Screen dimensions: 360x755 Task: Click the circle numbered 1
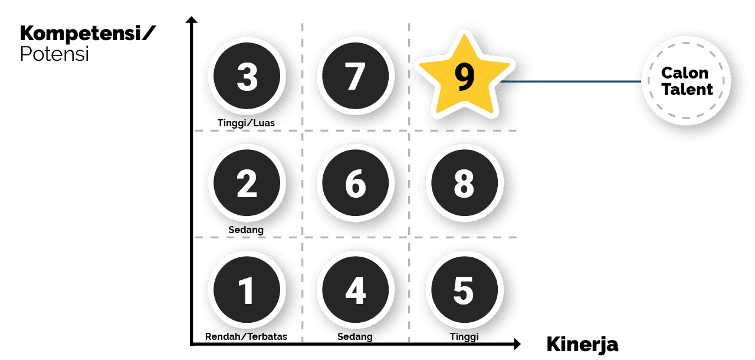(x=246, y=290)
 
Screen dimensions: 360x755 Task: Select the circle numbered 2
(x=246, y=184)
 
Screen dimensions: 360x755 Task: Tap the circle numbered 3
(x=246, y=77)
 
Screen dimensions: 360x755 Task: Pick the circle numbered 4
(x=354, y=290)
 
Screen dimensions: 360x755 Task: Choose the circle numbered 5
(x=464, y=290)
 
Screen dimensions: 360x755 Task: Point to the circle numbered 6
(x=354, y=184)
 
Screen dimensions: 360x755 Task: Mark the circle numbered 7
(x=354, y=77)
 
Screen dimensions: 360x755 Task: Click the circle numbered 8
(x=464, y=184)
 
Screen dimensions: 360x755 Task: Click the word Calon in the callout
(x=685, y=73)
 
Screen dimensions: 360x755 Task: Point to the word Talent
(x=687, y=90)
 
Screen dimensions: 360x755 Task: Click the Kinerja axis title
(x=582, y=344)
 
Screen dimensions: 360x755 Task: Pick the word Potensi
(x=54, y=54)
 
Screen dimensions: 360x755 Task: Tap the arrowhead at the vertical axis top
(x=191, y=21)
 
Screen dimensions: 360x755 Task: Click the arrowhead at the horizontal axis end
(x=516, y=343)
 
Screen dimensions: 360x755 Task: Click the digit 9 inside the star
(x=465, y=78)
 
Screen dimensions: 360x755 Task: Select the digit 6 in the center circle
(x=355, y=184)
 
